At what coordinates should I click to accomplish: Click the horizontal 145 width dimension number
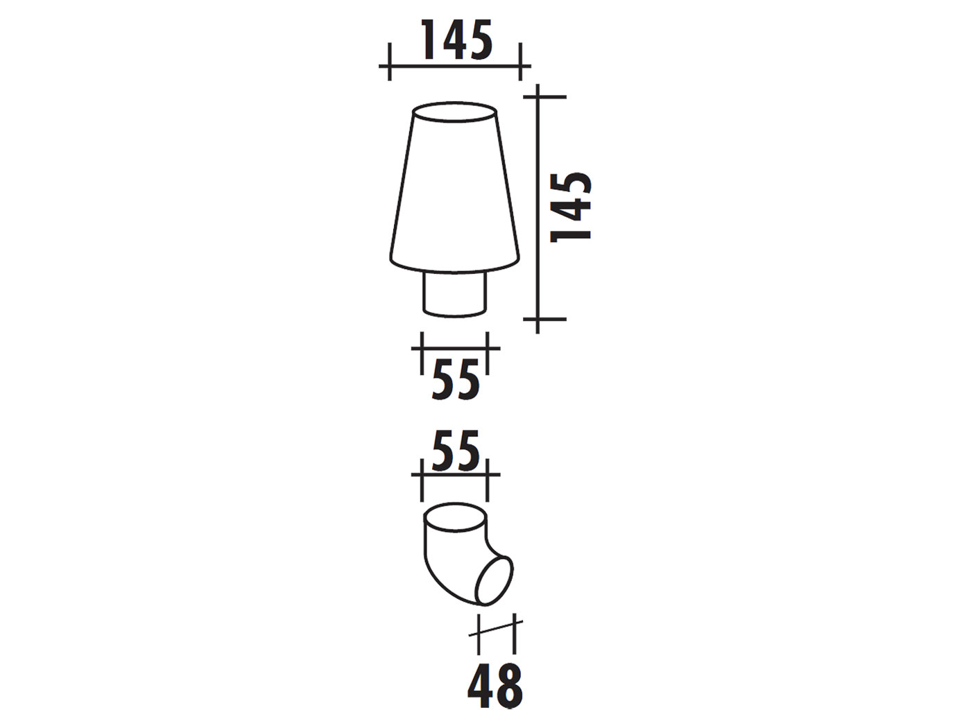[x=456, y=40]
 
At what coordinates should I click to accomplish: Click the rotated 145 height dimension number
[x=571, y=206]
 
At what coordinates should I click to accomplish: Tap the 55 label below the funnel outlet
[x=456, y=380]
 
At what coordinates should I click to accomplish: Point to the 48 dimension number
[x=495, y=686]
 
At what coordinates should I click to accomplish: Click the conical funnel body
[x=455, y=194]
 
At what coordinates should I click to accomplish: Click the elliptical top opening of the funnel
[x=455, y=114]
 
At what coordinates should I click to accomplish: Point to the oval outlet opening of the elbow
[x=495, y=580]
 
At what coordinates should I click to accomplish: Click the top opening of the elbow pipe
[x=455, y=518]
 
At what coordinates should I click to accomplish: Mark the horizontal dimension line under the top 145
[x=455, y=67]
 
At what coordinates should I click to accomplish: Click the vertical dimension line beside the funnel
[x=538, y=208]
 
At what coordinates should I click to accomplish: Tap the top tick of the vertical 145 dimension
[x=545, y=96]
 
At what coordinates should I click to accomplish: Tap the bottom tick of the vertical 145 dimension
[x=545, y=319]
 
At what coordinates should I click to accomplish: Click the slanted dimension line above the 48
[x=496, y=630]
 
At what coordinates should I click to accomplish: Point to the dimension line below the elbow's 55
[x=455, y=476]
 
